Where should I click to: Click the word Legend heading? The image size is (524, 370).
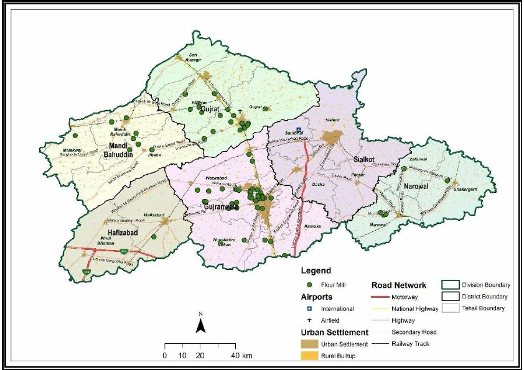click(x=314, y=271)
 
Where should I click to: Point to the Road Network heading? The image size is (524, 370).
click(x=399, y=285)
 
